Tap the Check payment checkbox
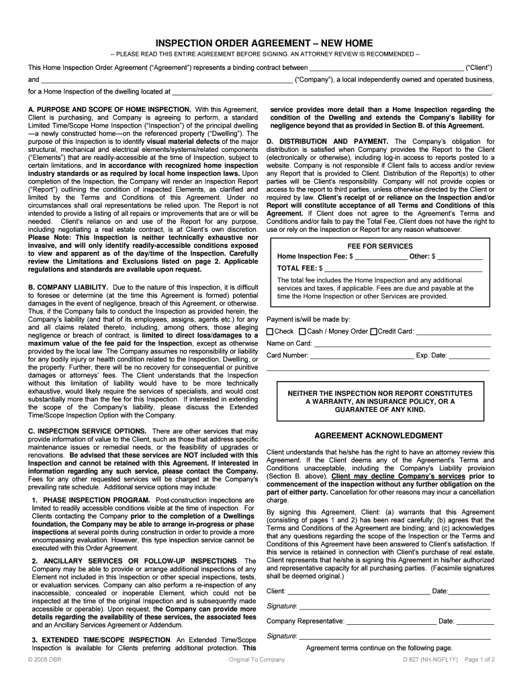(270, 331)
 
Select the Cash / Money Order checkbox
(302, 331)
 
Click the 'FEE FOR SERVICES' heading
(380, 246)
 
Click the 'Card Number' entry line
(362, 357)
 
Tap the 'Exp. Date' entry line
(469, 357)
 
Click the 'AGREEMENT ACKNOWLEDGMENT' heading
(379, 435)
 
